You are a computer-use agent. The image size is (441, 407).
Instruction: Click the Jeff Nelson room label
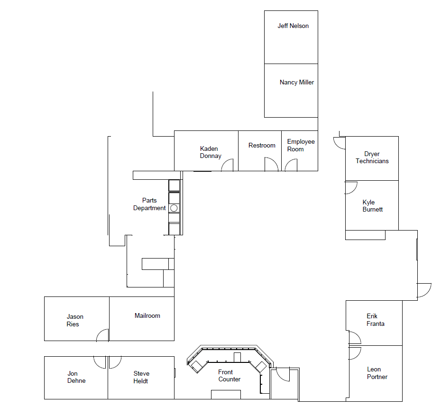coord(293,26)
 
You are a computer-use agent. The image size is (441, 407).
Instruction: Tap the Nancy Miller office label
coord(296,83)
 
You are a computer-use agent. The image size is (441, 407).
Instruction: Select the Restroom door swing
coord(271,165)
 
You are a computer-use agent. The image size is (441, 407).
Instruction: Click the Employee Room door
coord(291,165)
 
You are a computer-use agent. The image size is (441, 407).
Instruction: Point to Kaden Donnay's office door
coord(228,165)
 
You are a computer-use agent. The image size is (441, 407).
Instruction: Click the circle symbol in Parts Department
coord(174,208)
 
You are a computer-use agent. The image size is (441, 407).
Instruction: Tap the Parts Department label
coord(149,204)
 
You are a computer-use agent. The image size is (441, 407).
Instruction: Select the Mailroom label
coord(147,316)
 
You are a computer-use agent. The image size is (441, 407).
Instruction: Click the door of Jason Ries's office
coord(103,335)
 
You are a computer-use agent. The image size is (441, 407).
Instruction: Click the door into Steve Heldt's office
coord(115,362)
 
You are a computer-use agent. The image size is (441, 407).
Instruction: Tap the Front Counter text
coord(230,376)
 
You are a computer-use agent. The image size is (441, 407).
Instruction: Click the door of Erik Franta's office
coord(354,338)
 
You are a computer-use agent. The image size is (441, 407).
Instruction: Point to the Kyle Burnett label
coord(372,206)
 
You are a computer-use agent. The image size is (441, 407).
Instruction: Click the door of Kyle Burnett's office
coord(351,187)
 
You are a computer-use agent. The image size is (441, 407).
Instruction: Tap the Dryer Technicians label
coord(372,157)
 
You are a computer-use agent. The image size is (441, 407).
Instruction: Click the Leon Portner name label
coord(377,373)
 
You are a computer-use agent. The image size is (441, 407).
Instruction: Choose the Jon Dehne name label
coord(76,377)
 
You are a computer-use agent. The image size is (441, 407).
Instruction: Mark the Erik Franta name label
coord(376,320)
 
